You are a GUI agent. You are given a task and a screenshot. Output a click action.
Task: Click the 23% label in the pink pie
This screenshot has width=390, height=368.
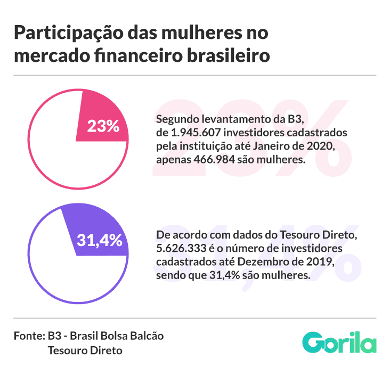(103, 126)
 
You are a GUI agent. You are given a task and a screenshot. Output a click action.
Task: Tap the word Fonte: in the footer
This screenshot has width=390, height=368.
(29, 336)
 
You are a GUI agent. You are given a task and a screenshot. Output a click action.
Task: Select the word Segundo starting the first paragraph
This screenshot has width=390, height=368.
(176, 119)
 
